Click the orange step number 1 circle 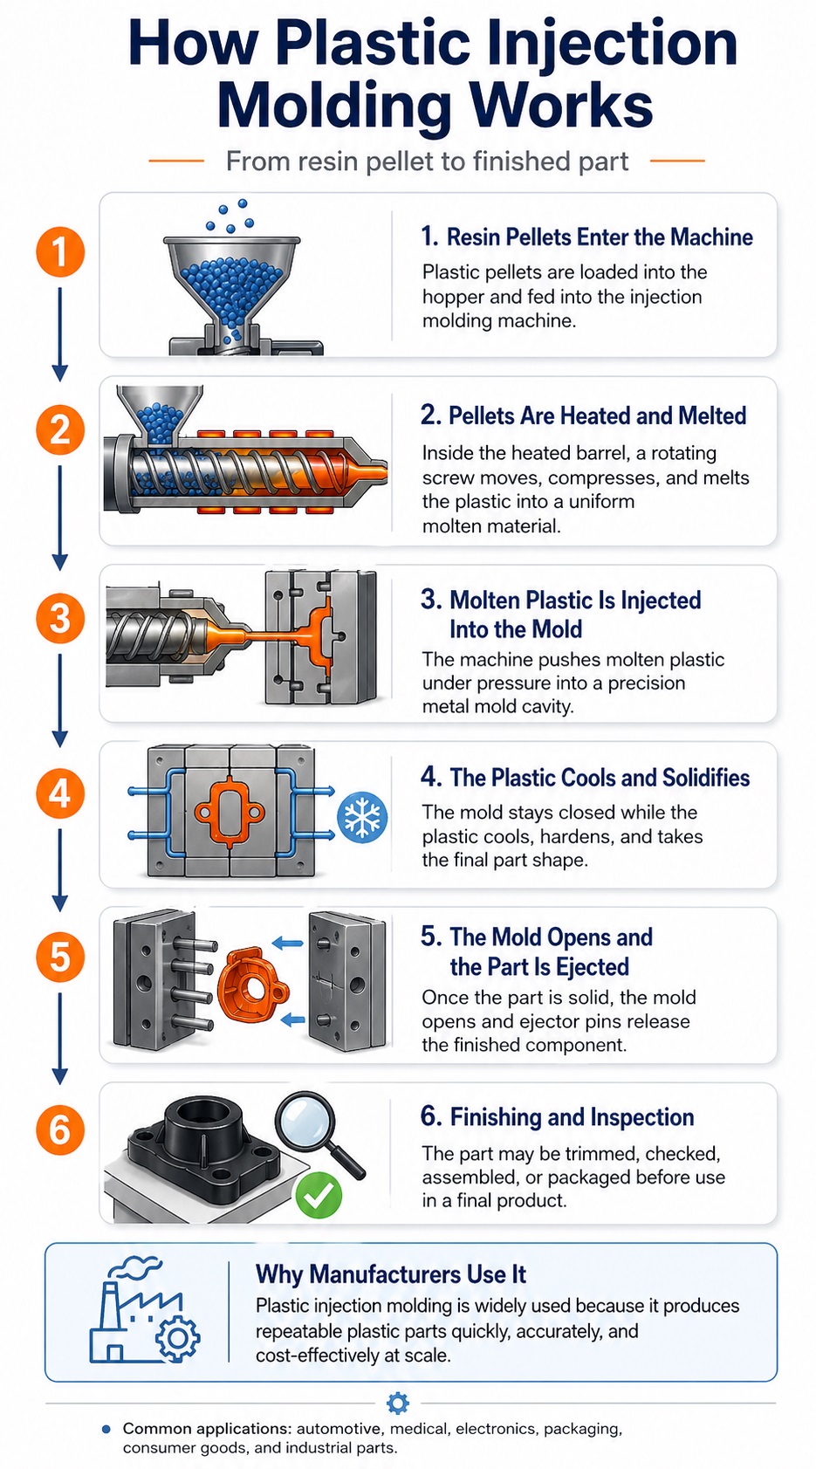pos(59,252)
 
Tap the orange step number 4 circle pos(59,793)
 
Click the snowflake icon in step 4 pos(362,818)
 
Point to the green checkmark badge pos(319,1195)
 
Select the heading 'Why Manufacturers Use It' pos(390,1274)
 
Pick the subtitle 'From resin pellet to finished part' pos(427,161)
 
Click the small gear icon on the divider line pos(397,1403)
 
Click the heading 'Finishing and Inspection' pos(572,1117)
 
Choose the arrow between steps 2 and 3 pos(59,517)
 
